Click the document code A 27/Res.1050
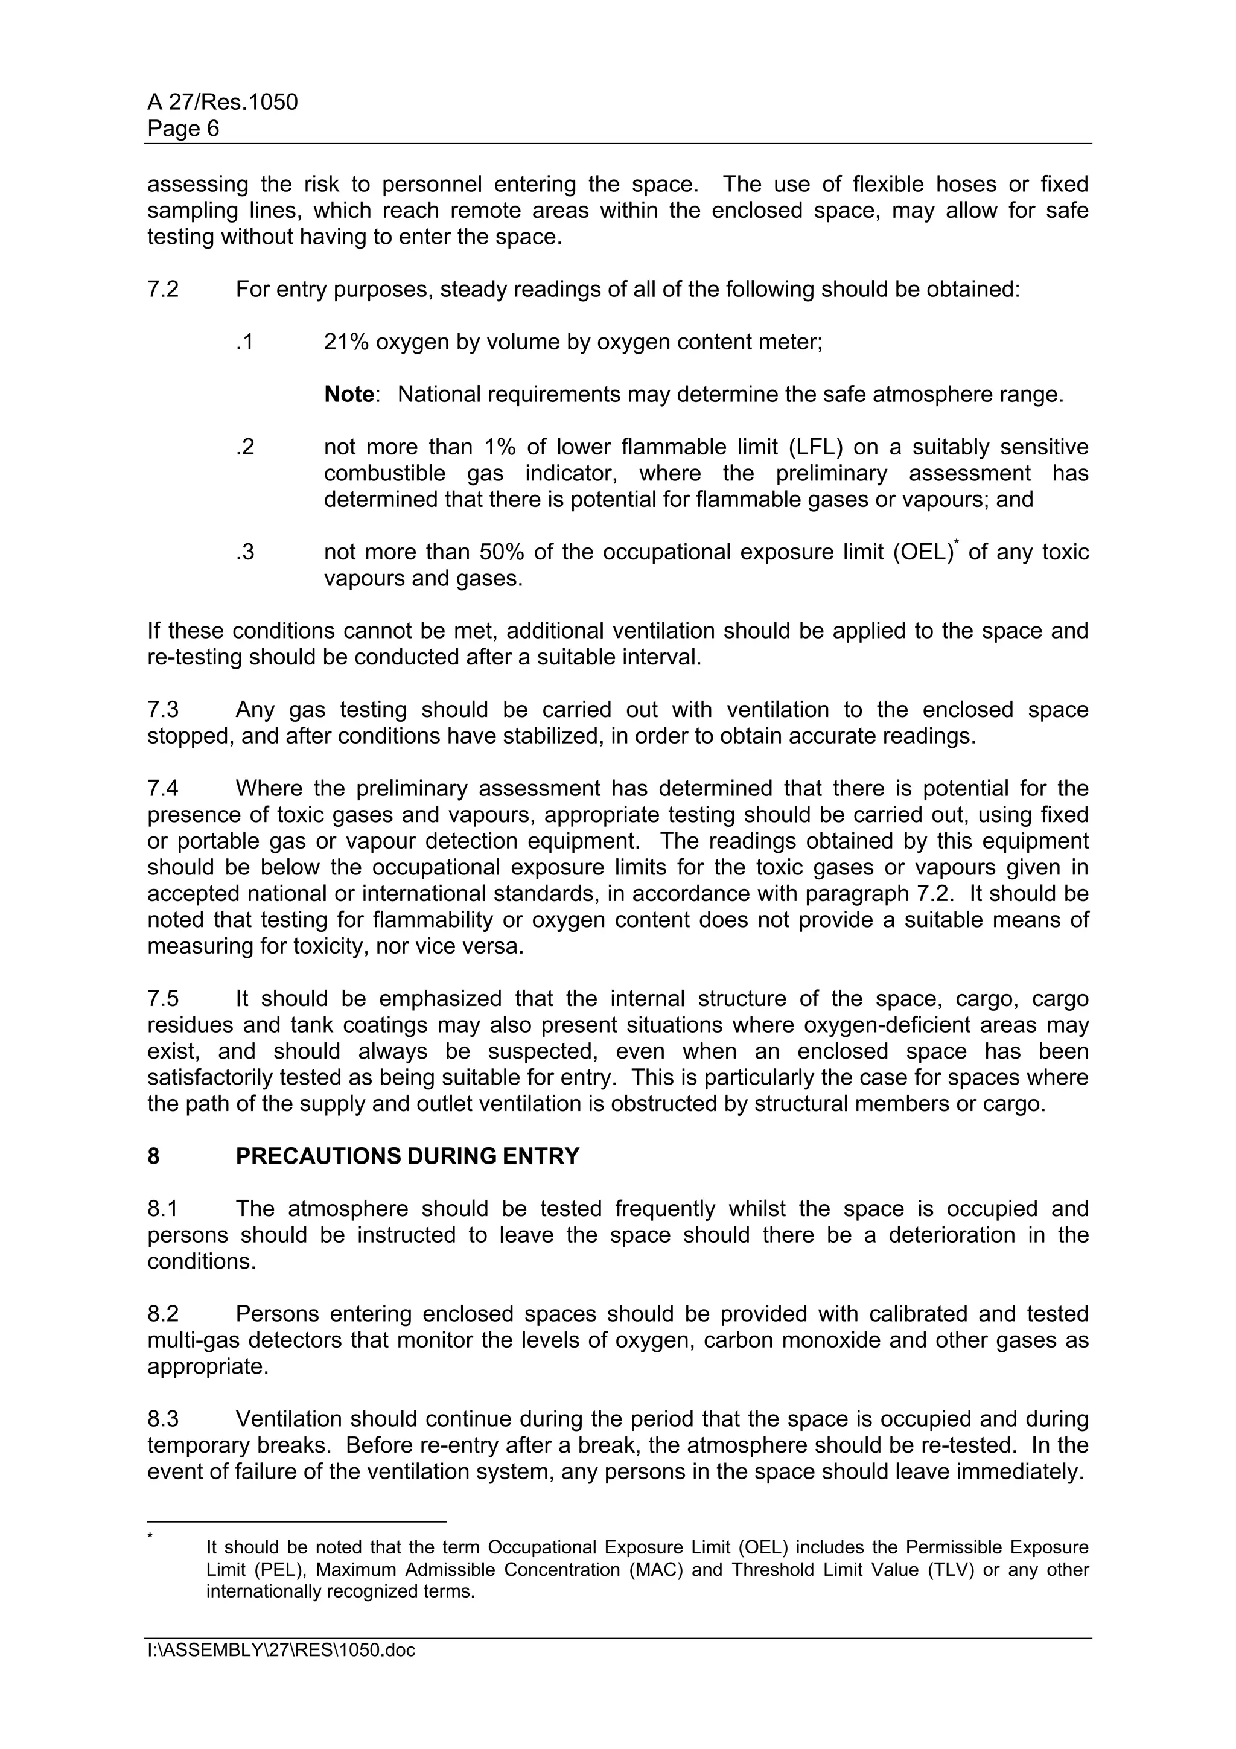point(222,102)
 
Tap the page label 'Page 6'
point(183,129)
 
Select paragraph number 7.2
point(163,290)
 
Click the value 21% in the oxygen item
point(346,343)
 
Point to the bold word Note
point(349,395)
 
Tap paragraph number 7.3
point(163,710)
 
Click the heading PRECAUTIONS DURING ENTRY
point(407,1157)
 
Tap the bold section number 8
point(154,1157)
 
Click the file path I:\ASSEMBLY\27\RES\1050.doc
point(281,1651)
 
